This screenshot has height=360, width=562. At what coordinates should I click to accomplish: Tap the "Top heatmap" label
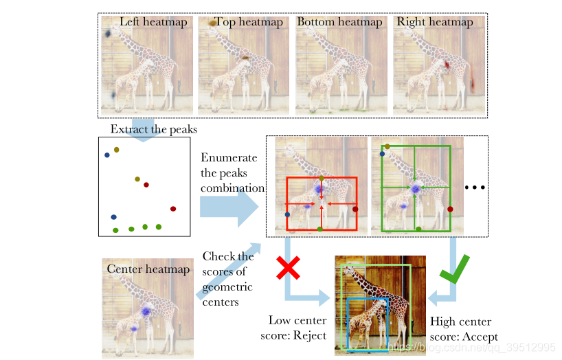(x=248, y=22)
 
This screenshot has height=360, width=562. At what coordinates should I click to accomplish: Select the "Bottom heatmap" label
(x=339, y=22)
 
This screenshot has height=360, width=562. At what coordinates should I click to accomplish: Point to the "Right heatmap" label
(x=434, y=22)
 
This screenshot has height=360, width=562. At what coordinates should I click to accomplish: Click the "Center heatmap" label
(x=148, y=269)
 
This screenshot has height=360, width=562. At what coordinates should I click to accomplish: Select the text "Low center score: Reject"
(x=297, y=328)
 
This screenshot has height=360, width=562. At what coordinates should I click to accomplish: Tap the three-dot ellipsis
(x=475, y=187)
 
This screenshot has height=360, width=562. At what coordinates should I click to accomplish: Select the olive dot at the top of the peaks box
(x=117, y=150)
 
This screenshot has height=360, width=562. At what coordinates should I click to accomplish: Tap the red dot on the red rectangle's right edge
(x=356, y=209)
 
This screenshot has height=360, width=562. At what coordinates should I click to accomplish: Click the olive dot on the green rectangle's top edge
(x=387, y=146)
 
